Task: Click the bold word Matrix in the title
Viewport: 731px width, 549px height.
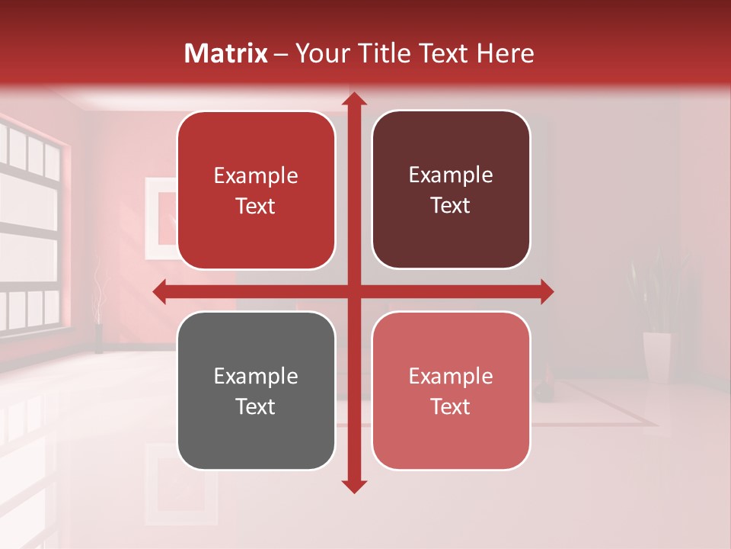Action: (226, 53)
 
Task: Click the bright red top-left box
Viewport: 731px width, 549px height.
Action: (256, 191)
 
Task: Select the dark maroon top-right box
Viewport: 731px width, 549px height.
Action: (451, 190)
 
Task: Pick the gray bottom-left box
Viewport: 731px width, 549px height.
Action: (256, 390)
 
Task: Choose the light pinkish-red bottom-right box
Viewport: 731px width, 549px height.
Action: (451, 390)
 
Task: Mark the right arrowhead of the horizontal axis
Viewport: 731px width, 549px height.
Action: (546, 291)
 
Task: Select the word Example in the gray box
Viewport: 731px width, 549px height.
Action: (256, 377)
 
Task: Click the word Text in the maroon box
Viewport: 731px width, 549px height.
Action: (451, 206)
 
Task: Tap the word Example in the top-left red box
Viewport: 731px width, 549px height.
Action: (256, 176)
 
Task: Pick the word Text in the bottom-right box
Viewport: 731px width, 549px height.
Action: (451, 406)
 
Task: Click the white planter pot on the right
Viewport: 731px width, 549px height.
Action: (656, 355)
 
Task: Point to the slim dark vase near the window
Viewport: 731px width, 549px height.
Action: (98, 339)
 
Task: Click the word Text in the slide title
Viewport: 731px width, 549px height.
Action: (441, 53)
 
